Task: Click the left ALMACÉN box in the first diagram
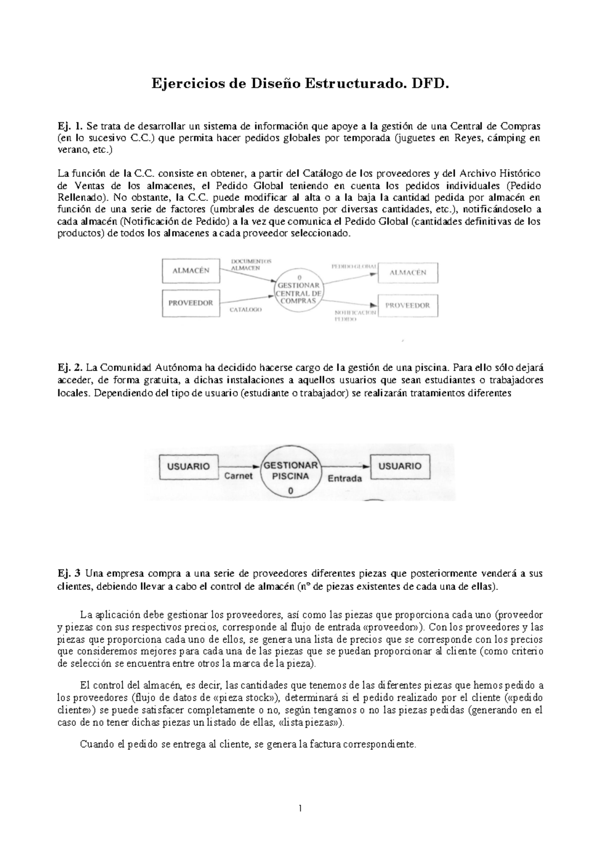coord(191,271)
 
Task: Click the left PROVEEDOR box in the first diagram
coord(191,303)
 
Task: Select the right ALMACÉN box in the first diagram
coord(409,273)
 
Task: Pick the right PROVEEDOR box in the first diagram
coord(409,305)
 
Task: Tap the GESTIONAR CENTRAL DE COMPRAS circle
coord(298,290)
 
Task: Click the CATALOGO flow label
coord(245,310)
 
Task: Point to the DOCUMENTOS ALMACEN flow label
coord(250,265)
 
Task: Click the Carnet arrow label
coord(238,476)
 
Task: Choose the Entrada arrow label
coord(344,478)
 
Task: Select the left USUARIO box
coord(188,466)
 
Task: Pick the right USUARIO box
coord(399,466)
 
